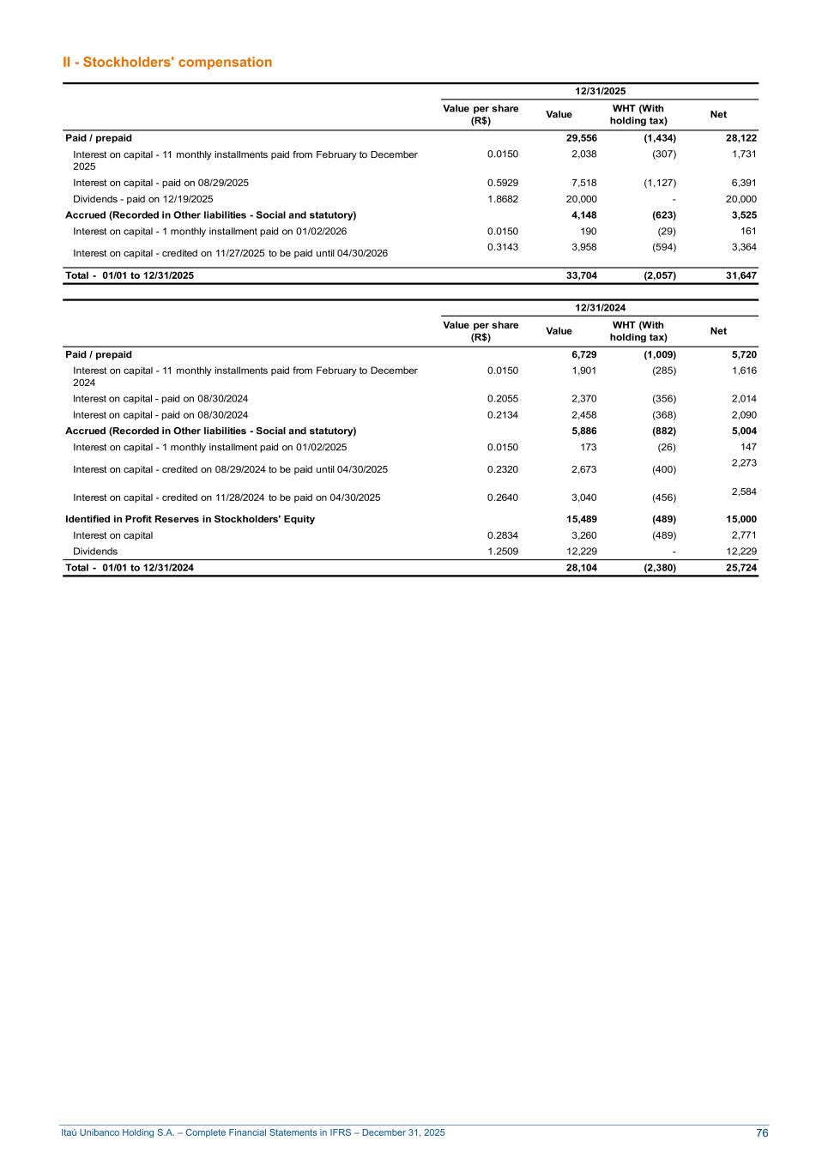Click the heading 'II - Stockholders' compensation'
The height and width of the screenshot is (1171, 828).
tap(167, 62)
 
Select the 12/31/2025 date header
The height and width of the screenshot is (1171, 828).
tap(600, 91)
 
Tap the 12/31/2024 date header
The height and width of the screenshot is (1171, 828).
tap(600, 308)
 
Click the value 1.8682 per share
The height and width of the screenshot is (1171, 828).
tap(502, 199)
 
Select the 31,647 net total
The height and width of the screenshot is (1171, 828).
tap(740, 275)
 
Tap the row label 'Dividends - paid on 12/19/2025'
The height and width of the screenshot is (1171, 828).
tap(143, 199)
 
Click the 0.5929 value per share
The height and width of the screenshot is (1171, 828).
tap(502, 183)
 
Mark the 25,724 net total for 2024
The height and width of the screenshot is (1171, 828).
tap(740, 568)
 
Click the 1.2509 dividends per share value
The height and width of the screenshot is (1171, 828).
tap(502, 552)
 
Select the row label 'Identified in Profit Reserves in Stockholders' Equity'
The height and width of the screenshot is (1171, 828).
tap(190, 519)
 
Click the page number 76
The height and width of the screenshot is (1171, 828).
tap(762, 1133)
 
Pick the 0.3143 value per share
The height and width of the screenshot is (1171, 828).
tap(502, 247)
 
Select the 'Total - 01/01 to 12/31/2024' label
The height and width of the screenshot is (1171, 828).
tap(130, 568)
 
